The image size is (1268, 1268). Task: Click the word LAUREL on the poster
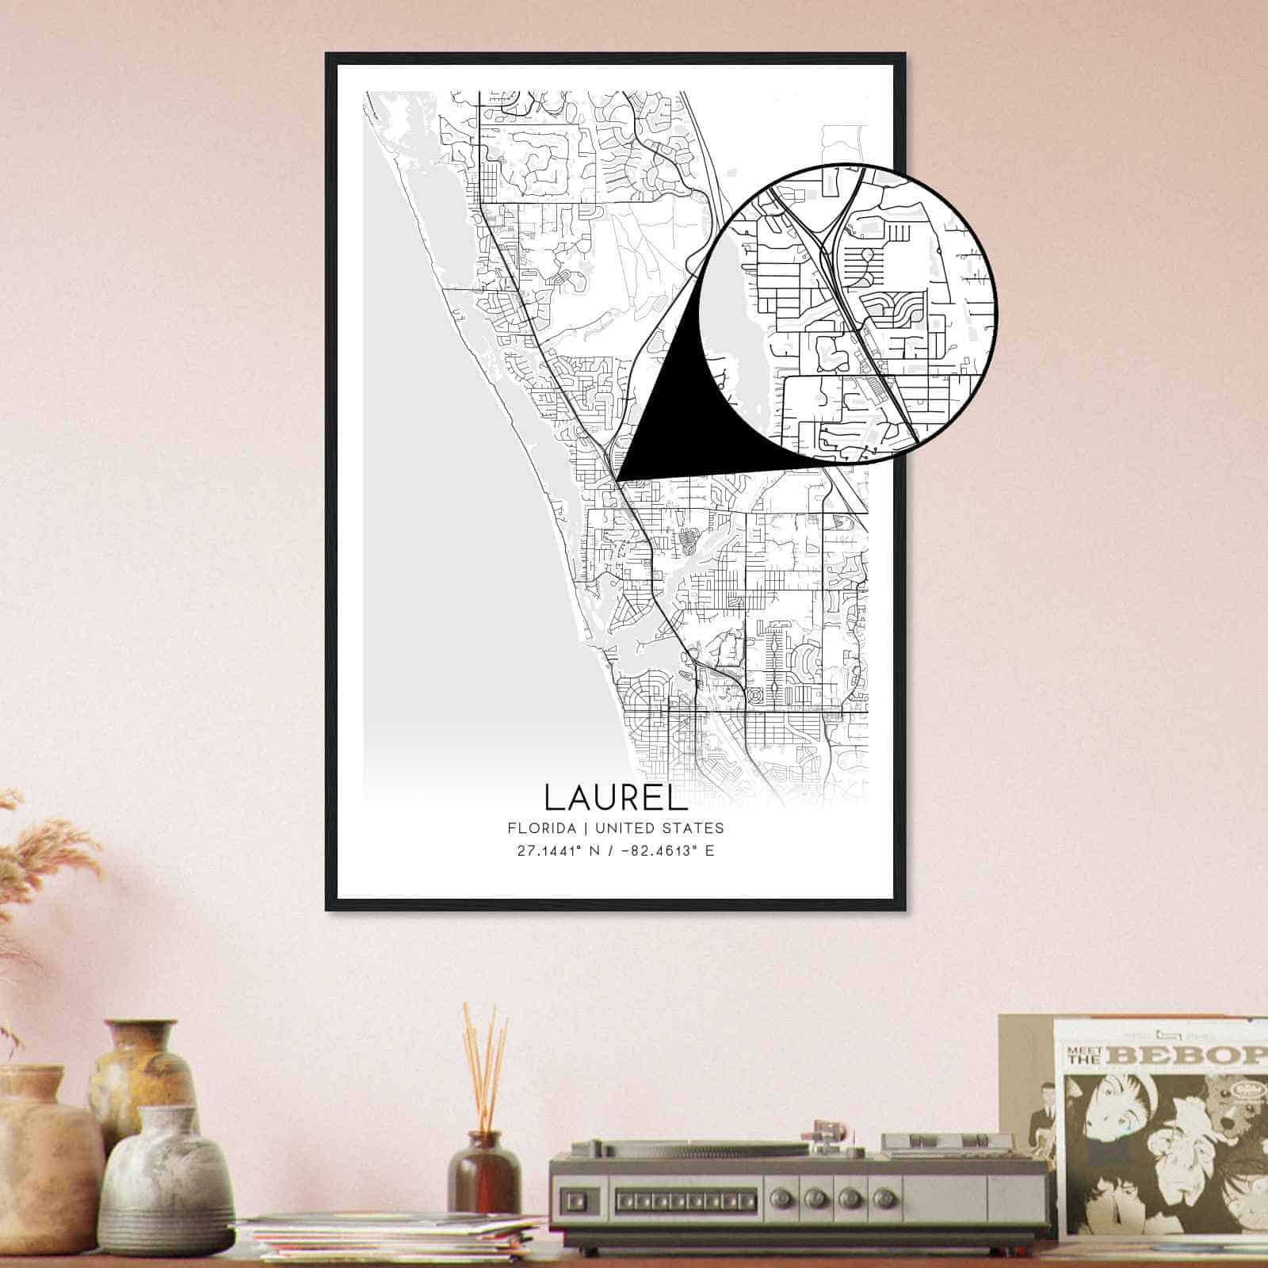tap(612, 797)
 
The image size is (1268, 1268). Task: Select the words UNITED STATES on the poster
tap(659, 828)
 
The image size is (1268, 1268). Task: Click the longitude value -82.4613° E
tap(662, 850)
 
